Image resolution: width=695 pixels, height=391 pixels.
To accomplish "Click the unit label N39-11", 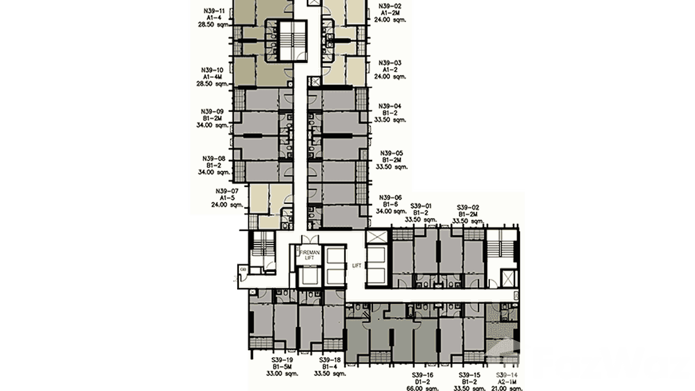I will (213, 9).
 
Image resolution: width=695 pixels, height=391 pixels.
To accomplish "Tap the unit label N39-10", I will (212, 69).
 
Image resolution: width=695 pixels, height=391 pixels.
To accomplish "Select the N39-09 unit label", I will (212, 111).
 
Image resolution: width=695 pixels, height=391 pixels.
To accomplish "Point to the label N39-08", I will (213, 159).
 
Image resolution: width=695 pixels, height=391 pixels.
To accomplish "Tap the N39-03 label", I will (390, 63).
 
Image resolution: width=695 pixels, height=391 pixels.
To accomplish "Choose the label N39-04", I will (390, 106).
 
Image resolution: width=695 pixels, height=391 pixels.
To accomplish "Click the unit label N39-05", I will (391, 153).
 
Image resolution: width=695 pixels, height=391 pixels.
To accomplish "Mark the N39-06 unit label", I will (390, 198).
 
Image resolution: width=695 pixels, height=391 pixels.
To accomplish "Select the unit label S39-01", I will (421, 206).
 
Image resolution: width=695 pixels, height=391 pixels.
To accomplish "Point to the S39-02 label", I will (468, 207).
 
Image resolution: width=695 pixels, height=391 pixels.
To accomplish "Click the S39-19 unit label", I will (283, 359).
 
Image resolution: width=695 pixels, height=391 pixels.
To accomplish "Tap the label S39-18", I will (330, 359).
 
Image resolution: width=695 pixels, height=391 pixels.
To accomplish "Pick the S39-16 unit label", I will (423, 374).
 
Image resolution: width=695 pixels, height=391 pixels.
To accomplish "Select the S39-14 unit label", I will (506, 374).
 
